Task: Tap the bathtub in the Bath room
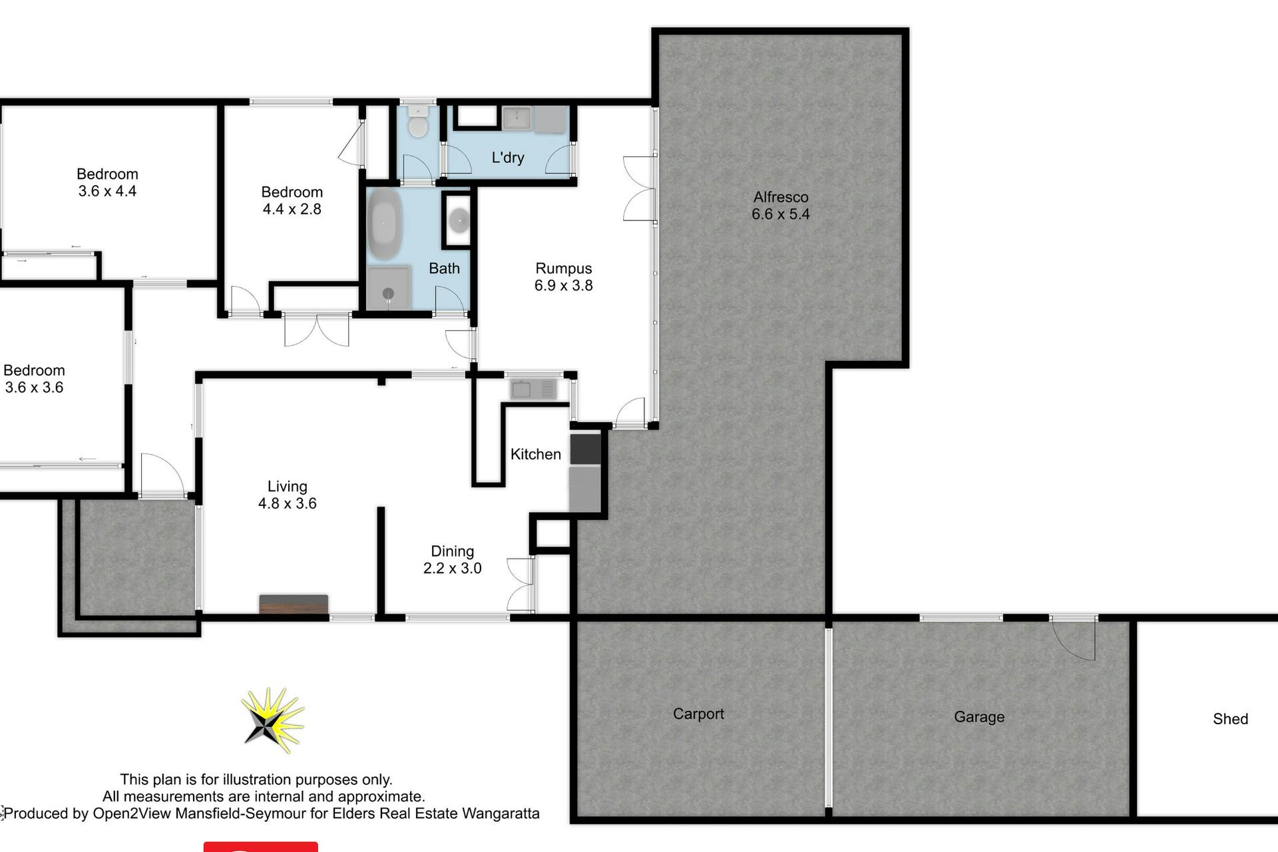click(383, 223)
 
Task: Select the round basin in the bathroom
click(459, 219)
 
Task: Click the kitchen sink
click(532, 389)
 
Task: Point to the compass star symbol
click(272, 720)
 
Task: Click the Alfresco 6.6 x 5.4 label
click(781, 206)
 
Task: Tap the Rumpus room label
click(563, 277)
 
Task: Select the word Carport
click(698, 714)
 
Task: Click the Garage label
click(979, 717)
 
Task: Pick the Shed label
click(1230, 719)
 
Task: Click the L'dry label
click(508, 158)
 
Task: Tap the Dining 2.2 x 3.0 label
click(452, 560)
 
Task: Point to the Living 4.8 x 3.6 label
click(288, 495)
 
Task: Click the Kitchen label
click(536, 454)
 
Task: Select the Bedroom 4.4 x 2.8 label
click(292, 200)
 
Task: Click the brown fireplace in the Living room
click(294, 604)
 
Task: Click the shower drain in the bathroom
click(388, 294)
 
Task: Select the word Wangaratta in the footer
click(501, 813)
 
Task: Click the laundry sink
click(516, 118)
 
